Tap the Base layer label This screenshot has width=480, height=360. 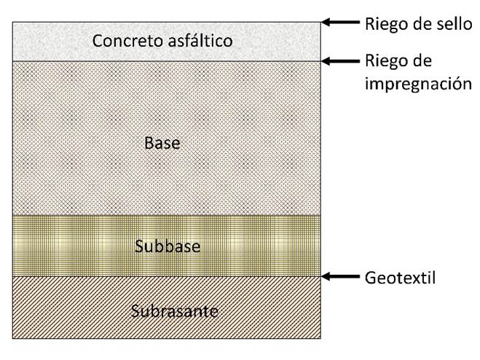[x=162, y=144]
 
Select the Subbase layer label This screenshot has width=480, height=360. [x=167, y=246]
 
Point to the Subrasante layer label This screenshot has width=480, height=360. [x=175, y=311]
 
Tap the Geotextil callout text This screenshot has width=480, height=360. [x=400, y=278]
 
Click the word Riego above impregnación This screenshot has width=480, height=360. [x=385, y=61]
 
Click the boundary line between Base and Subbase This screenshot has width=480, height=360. [x=167, y=216]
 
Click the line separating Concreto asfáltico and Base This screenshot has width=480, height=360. [x=167, y=61]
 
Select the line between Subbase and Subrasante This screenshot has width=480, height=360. [x=167, y=276]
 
